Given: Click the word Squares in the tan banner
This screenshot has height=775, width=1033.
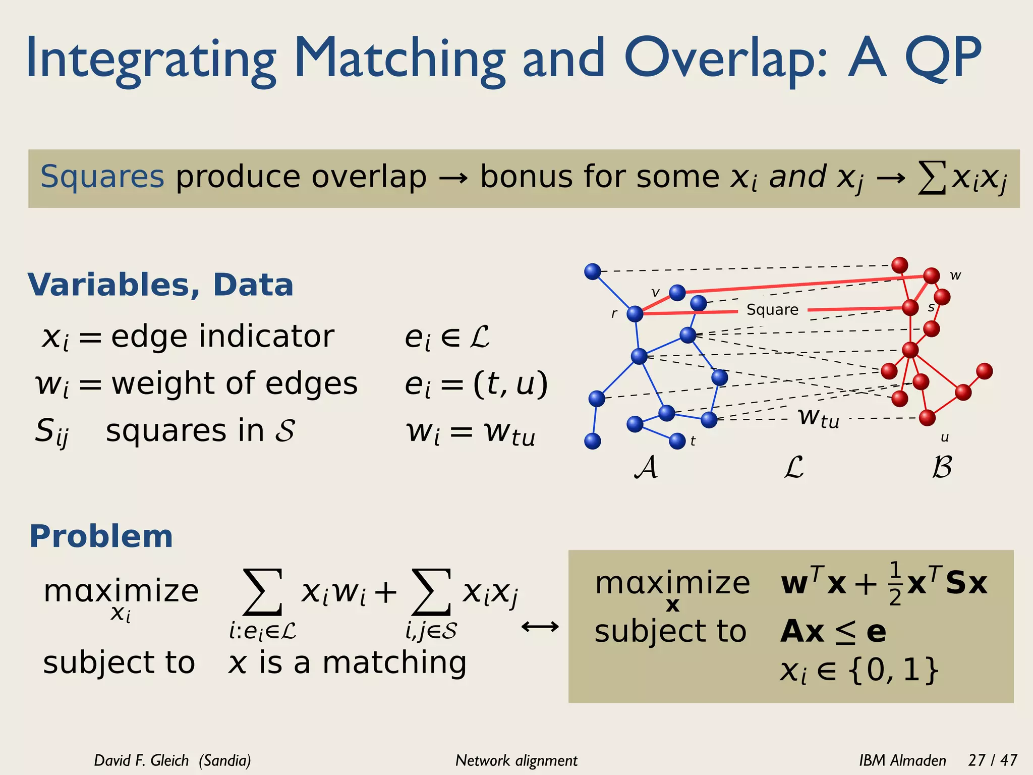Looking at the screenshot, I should click(x=102, y=177).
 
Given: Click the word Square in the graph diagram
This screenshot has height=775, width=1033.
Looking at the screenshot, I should click(x=772, y=309).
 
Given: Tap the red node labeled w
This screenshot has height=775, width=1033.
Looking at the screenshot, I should click(x=931, y=275).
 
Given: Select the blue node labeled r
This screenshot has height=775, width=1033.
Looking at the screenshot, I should click(x=635, y=314).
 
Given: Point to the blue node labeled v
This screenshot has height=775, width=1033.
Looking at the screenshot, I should click(x=677, y=292).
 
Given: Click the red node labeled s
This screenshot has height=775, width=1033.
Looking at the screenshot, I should click(x=910, y=307).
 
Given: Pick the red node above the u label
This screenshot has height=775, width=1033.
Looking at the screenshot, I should click(x=927, y=418).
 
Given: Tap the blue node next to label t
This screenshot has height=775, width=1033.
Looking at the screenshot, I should click(x=677, y=441).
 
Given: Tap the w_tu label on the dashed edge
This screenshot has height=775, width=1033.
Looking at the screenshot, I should click(x=819, y=418).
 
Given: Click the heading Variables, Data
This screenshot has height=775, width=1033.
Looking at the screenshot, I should click(x=160, y=285).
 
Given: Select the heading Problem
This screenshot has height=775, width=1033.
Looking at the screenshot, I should click(x=101, y=536).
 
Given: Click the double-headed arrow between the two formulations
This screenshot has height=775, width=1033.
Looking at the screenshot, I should click(x=540, y=627).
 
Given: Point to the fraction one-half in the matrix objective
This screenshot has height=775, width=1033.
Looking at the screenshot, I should click(x=895, y=584).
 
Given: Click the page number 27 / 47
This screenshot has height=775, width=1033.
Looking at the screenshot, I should click(x=992, y=760).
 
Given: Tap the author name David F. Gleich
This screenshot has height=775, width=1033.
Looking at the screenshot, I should click(x=141, y=760).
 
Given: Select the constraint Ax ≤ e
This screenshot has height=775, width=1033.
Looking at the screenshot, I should click(x=833, y=632).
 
